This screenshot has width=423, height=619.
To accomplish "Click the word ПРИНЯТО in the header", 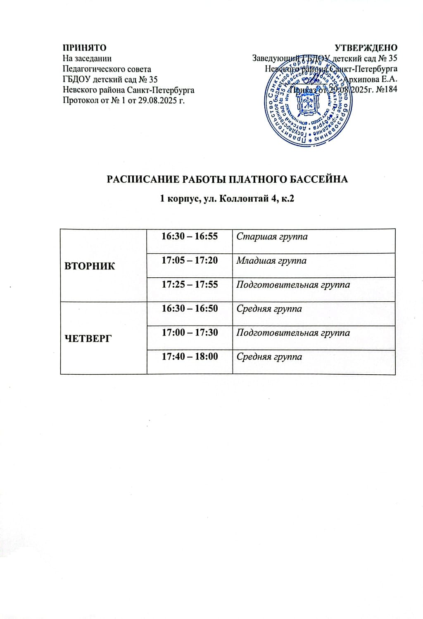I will [84, 48].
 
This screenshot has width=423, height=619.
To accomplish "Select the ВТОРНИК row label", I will [90, 266].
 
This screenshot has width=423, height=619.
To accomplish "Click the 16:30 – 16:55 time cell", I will [190, 236].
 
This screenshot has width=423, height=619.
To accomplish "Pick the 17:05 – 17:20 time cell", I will [190, 260].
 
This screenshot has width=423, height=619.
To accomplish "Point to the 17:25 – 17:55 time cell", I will [190, 284].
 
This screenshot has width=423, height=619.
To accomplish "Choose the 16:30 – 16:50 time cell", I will [190, 308].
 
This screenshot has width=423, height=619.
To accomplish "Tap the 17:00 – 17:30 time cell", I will [190, 333].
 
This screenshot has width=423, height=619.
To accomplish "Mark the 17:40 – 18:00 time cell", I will [190, 357].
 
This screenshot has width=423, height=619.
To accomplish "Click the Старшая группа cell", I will [272, 237].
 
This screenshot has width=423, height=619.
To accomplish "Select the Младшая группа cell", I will [271, 261].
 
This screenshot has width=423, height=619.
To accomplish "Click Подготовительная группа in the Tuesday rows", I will [293, 285].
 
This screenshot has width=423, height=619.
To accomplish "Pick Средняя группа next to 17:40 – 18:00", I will [269, 357].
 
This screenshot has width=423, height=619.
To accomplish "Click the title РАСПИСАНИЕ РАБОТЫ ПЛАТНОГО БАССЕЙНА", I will [227, 180].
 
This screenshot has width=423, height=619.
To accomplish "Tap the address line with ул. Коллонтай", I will [227, 199].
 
